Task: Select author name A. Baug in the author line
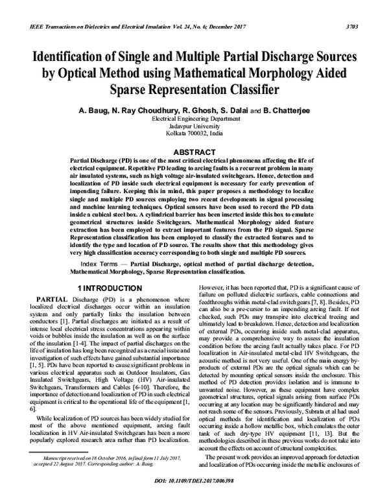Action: [x=93, y=111]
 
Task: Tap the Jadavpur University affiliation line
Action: [x=194, y=127]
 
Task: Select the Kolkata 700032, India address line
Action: [x=194, y=134]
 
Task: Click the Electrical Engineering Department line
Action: [x=194, y=120]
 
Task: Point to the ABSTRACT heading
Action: [x=194, y=152]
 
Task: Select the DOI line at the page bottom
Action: [x=194, y=491]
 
